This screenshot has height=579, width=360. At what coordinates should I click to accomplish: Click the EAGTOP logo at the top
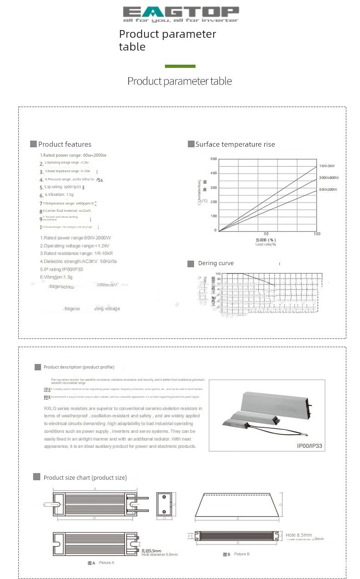tap(180, 14)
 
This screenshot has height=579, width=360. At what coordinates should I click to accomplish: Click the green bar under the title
tap(180, 67)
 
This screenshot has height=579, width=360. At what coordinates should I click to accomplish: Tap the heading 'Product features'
tap(65, 144)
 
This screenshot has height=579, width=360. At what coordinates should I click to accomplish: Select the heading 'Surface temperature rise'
tap(235, 144)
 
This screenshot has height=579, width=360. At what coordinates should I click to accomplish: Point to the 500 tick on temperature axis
tap(214, 159)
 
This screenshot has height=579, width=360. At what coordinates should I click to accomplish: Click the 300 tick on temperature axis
tap(214, 188)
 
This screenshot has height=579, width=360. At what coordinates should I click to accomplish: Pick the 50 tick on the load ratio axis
tap(266, 234)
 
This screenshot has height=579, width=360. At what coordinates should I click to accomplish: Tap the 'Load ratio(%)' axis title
tap(266, 244)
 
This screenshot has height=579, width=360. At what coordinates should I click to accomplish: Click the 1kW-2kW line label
tap(327, 166)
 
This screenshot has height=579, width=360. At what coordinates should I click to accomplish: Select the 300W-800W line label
tap(329, 178)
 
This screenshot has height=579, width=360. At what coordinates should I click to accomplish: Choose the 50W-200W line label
tap(328, 189)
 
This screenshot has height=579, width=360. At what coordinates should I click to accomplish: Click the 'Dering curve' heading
tap(216, 263)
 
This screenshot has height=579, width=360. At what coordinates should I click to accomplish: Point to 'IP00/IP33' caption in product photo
tap(309, 446)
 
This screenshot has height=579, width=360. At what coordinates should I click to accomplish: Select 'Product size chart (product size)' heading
tap(85, 477)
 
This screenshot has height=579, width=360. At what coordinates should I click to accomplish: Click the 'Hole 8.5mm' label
tap(299, 535)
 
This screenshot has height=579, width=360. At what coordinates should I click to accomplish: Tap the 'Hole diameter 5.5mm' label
tap(159, 554)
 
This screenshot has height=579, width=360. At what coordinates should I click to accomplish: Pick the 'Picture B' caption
tap(242, 554)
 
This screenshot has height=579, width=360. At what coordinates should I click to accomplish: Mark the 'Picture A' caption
tap(106, 563)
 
